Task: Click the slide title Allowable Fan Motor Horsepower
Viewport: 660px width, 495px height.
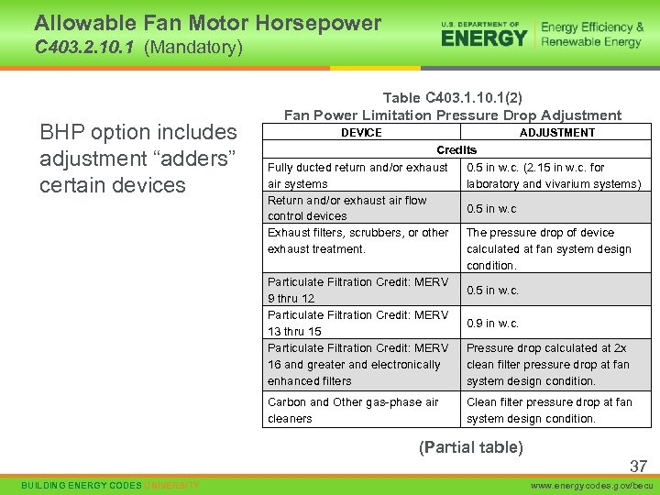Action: click(x=207, y=23)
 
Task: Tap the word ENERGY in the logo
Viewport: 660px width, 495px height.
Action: click(x=484, y=38)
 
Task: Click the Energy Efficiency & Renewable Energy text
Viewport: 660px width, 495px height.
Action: click(x=591, y=35)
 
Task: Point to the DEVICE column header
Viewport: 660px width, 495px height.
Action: click(x=361, y=133)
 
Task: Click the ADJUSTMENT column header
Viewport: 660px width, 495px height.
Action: click(x=556, y=133)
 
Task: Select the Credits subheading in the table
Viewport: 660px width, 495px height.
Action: click(x=456, y=149)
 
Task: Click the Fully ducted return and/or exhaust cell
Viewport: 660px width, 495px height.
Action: click(x=358, y=175)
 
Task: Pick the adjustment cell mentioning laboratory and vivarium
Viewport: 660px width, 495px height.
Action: click(x=554, y=175)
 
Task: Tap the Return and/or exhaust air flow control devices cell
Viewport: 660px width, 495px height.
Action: click(x=347, y=208)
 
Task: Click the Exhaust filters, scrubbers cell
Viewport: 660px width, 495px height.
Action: click(x=358, y=241)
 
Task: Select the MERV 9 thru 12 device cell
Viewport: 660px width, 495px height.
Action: click(x=358, y=290)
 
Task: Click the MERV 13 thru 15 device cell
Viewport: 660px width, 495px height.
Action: click(x=358, y=323)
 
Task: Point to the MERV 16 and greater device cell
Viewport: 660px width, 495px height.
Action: click(x=358, y=364)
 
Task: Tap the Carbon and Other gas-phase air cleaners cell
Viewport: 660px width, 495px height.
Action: click(x=353, y=410)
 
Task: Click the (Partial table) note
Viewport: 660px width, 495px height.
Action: click(x=471, y=447)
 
